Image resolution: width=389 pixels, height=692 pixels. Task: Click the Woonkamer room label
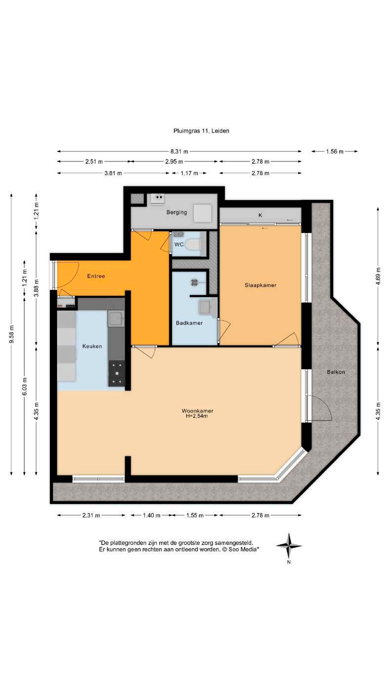[197, 411]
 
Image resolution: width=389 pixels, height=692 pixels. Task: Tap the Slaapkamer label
[260, 285]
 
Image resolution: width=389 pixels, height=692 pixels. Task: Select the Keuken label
[92, 346]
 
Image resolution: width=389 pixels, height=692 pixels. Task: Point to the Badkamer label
[189, 323]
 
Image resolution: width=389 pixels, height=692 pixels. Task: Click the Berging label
[176, 212]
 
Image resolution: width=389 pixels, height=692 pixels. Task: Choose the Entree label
[96, 276]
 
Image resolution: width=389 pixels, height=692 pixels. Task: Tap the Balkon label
[336, 372]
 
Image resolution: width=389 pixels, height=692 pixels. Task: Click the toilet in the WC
[194, 245]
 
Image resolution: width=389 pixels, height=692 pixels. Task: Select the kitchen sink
[116, 319]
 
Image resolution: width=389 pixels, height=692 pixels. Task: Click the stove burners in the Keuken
[117, 373]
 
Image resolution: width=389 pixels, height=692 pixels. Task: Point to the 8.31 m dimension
[179, 151]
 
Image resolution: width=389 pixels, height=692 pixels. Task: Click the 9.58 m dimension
[12, 334]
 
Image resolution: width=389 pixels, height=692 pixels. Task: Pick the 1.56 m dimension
[335, 151]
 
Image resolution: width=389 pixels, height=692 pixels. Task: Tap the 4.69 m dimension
[378, 276]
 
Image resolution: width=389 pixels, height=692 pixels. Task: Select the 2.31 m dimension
[91, 515]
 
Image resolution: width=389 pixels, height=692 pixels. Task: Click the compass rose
[289, 545]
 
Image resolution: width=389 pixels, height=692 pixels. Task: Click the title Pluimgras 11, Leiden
[201, 131]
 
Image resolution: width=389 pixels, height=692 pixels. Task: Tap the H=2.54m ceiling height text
[197, 416]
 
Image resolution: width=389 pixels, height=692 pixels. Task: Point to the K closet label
[260, 215]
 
